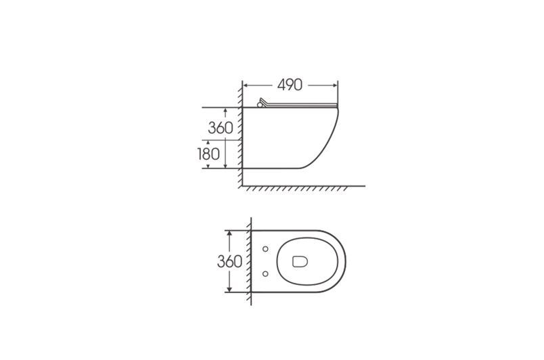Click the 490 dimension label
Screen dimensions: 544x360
click(290, 85)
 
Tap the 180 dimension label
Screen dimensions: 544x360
click(208, 154)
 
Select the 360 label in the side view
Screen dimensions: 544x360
click(221, 128)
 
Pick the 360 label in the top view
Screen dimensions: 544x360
click(229, 261)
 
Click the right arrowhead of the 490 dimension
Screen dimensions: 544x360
click(335, 85)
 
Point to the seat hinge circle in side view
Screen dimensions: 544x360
click(259, 105)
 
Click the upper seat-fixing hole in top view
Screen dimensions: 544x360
click(265, 248)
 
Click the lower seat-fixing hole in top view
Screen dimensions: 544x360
click(265, 274)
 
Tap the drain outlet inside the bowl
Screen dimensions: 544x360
click(300, 261)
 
